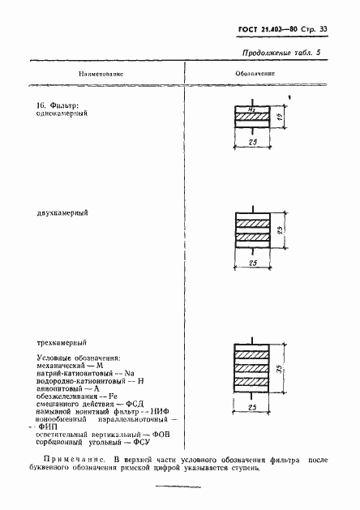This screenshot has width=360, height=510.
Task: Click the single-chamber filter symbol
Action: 254,118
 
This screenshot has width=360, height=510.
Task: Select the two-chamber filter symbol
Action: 254,230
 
